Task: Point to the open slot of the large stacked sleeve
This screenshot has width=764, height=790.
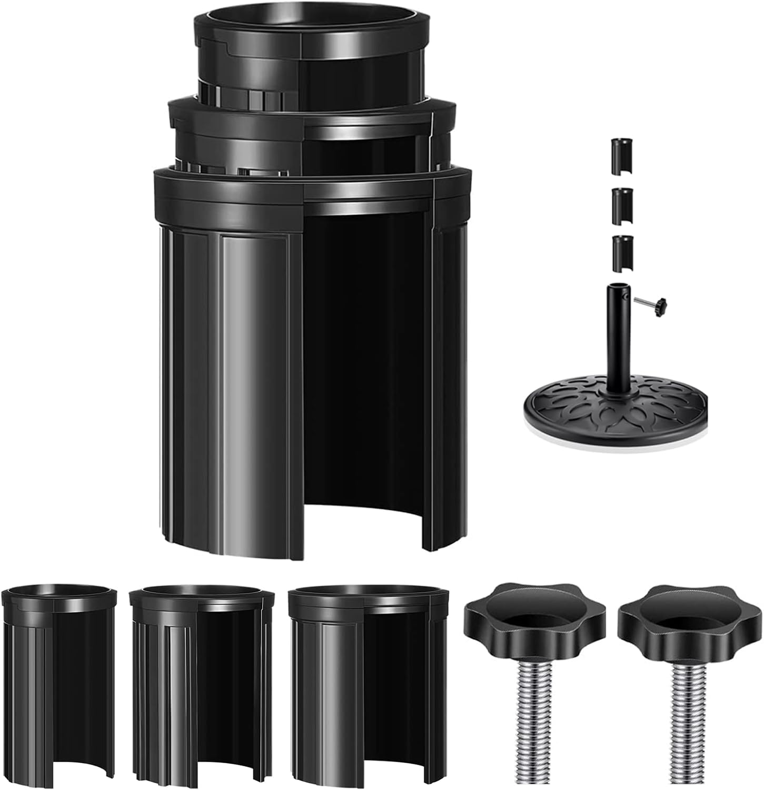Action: pos(363,369)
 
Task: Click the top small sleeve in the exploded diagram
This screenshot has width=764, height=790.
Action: pos(622,156)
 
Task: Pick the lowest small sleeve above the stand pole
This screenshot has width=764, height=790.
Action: pos(622,252)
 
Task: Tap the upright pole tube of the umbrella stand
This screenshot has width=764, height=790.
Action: pos(617,337)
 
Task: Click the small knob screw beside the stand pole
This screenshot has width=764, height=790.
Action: pos(653,303)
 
